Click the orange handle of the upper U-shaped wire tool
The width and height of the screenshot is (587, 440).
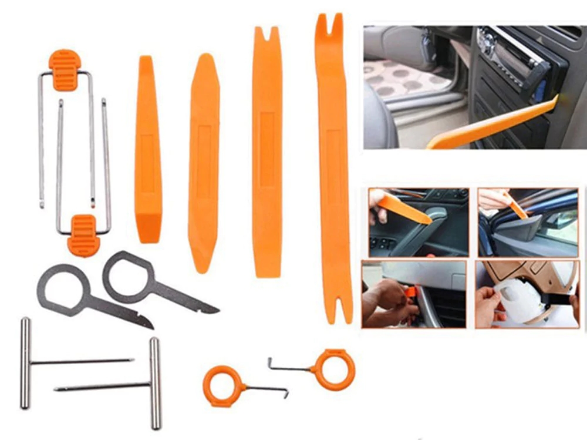[x=64, y=69]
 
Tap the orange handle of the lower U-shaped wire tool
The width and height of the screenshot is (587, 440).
[x=83, y=235]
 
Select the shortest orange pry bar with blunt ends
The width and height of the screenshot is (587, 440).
[x=147, y=150]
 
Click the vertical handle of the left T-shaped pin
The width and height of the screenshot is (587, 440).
[x=25, y=362]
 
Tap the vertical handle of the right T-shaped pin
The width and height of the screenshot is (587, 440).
[x=155, y=383]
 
